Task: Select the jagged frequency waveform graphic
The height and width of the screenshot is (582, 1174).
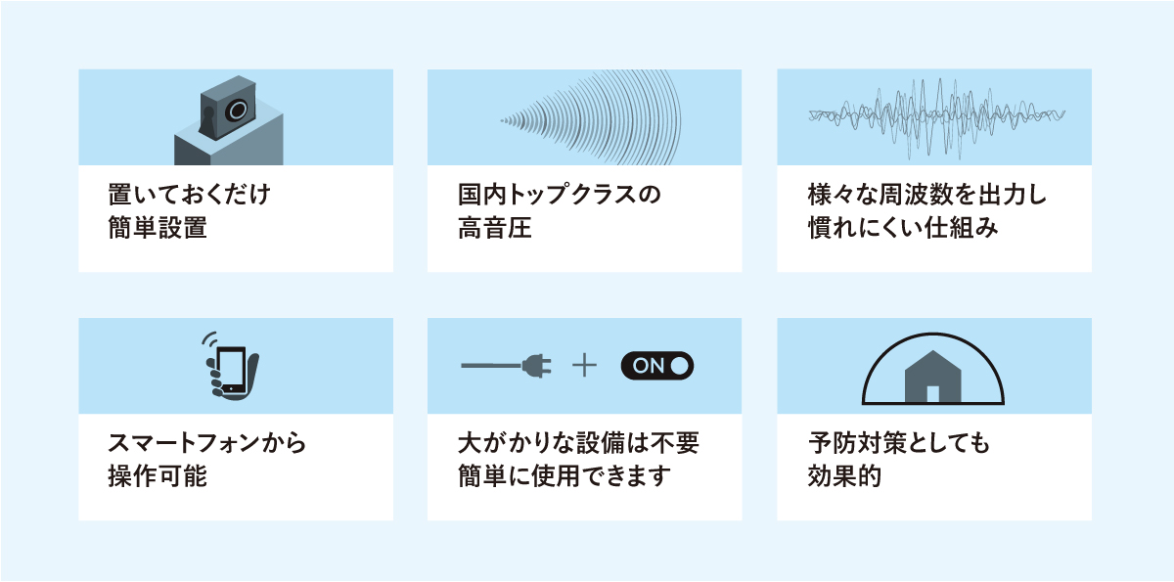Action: tap(934, 116)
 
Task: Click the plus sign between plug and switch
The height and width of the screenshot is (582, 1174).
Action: tap(584, 367)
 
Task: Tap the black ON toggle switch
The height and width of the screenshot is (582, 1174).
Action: tap(656, 367)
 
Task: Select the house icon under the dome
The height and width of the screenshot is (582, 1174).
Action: tap(931, 378)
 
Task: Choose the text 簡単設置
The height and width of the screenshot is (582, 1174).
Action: tap(158, 230)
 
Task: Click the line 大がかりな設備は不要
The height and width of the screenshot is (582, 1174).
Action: tap(578, 443)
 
